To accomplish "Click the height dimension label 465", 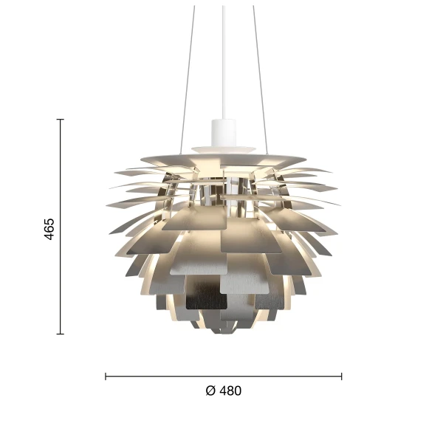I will pos(49,229).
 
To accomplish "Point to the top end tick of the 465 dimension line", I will pos(61,119).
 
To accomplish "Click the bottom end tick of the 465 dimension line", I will pos(61,334).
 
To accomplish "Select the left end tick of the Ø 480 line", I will pos(106,377).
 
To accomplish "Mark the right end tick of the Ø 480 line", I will pos(341,377).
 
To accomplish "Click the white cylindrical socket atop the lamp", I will pos(222,131).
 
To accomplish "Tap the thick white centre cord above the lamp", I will pos(222,59).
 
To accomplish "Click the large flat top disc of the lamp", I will pos(222,157).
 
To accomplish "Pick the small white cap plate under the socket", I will pos(222,145).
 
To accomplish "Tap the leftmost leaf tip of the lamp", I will pos(108,202).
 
